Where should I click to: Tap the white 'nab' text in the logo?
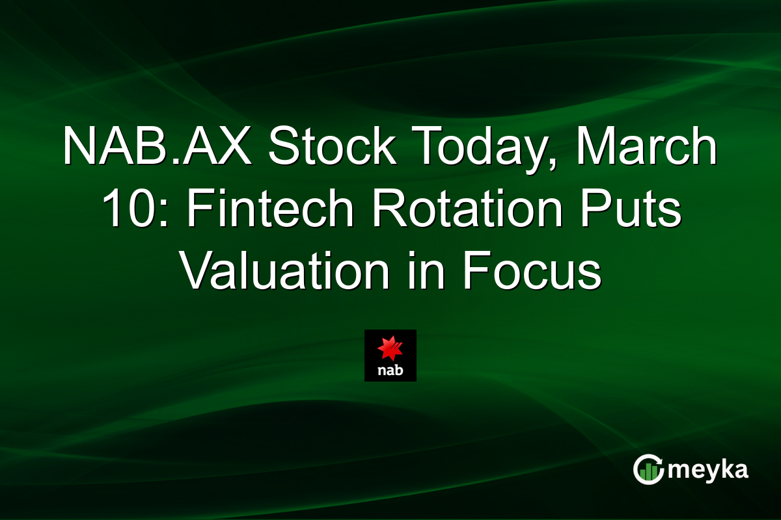click(x=390, y=371)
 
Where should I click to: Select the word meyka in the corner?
click(x=708, y=470)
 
